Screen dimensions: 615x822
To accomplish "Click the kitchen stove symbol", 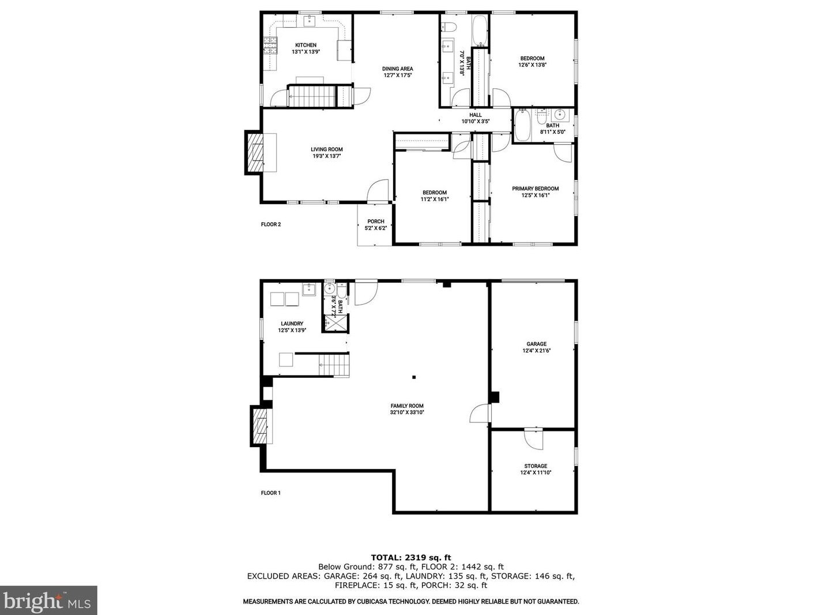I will coord(270,46).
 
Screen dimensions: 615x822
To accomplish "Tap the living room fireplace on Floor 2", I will coord(255,152).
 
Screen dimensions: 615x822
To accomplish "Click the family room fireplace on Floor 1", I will coord(261,425).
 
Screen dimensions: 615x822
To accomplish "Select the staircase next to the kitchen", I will coord(311,96).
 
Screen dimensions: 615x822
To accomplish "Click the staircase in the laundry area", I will coord(334,365).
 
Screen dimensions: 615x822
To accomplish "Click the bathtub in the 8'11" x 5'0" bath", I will coord(523,126).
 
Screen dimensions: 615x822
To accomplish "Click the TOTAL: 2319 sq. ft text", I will coord(410,557).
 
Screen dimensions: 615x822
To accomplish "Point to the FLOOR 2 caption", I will coord(271,224).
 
